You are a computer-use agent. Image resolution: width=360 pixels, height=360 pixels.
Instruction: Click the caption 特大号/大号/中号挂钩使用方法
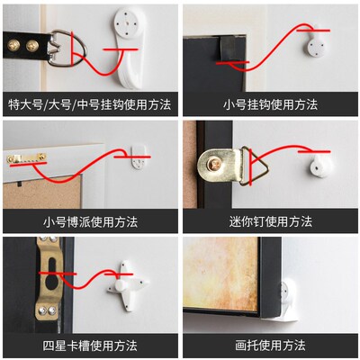click(90, 104)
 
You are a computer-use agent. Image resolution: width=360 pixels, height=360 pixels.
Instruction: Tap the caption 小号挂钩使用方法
click(270, 104)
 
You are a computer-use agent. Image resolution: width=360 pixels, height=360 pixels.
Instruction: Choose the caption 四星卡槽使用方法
click(90, 345)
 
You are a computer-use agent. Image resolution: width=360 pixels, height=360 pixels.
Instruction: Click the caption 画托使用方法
click(270, 345)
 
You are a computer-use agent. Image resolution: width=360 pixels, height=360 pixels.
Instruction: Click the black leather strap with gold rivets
click(27, 40)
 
